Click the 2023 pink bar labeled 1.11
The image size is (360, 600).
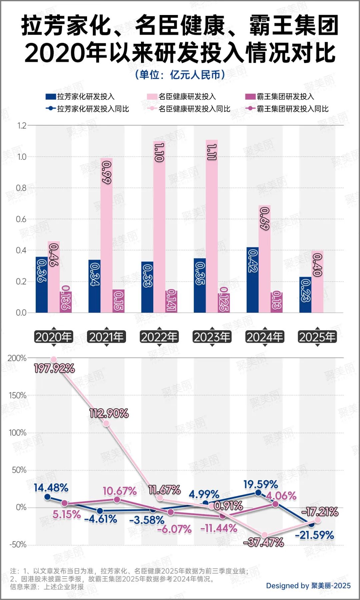tap(212, 227)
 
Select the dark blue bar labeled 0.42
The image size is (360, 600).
tap(252, 280)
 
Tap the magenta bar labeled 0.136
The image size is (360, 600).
tap(66, 302)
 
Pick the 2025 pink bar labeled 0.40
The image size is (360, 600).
tap(317, 282)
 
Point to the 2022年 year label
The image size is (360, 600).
tap(159, 337)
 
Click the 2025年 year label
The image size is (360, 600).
tap(317, 337)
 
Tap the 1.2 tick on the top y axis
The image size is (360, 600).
tap(21, 126)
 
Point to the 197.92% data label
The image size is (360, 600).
tap(54, 368)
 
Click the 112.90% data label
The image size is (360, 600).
tap(109, 414)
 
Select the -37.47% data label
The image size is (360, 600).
tap(264, 543)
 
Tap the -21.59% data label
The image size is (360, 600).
tap(314, 535)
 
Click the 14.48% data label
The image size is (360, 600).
tap(51, 488)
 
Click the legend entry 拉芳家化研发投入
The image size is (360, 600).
tap(80, 97)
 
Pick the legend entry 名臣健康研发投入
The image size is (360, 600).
tap(182, 97)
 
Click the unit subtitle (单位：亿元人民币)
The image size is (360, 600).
tap(180, 75)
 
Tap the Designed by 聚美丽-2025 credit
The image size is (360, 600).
tap(308, 586)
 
